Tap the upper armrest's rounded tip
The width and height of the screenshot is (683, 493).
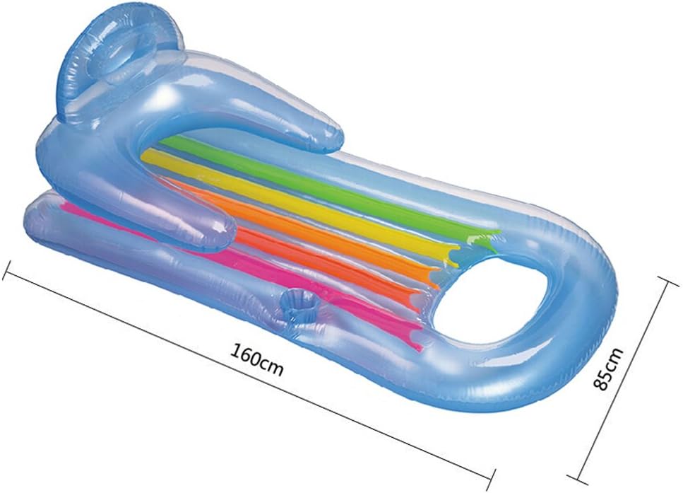click(311, 138)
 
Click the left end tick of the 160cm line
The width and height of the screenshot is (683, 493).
click(8, 269)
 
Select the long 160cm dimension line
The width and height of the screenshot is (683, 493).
click(177, 340)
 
